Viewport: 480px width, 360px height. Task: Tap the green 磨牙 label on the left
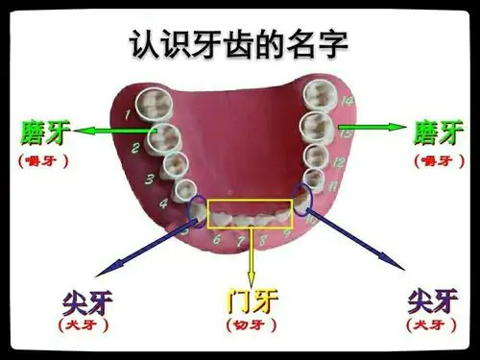44,129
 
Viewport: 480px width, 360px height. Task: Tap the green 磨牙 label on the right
439,129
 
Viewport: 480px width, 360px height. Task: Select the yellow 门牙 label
252,300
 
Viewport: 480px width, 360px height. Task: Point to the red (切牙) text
252,326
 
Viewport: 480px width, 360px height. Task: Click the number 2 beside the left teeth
136,148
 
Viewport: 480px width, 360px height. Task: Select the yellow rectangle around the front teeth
251,213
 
